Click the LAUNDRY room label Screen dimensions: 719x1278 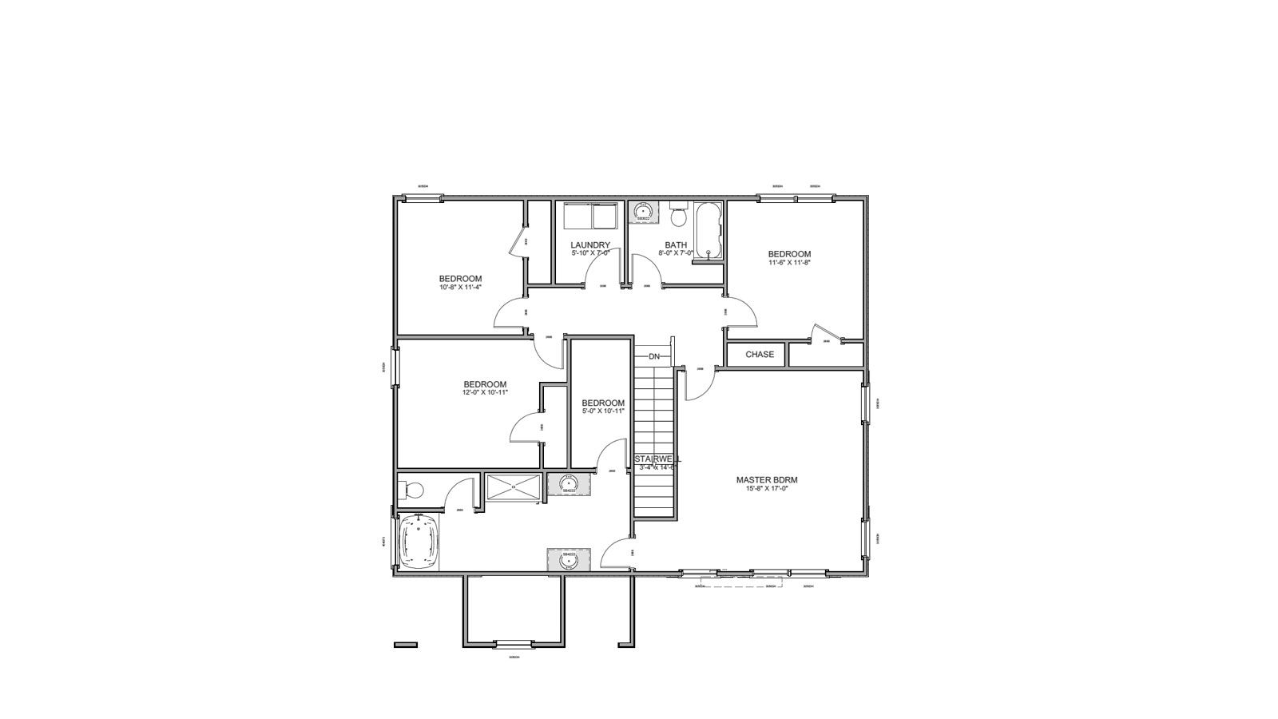click(590, 245)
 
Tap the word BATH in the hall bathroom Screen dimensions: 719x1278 click(676, 245)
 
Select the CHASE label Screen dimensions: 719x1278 click(760, 355)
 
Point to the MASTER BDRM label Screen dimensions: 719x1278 click(767, 480)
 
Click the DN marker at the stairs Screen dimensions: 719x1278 click(654, 356)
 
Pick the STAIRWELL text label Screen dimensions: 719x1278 click(657, 459)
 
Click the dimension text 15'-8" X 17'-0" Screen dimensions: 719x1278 click(767, 489)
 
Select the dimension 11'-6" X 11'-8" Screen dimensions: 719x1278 click(789, 263)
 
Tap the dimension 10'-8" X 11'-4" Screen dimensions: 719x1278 click(460, 288)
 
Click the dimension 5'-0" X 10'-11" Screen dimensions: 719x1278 click(603, 411)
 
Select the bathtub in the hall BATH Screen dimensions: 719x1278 click(708, 232)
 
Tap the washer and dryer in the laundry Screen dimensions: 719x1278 click(590, 216)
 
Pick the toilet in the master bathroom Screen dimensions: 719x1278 click(411, 489)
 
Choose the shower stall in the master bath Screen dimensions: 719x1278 click(514, 487)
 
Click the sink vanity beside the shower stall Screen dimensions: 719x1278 click(569, 484)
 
